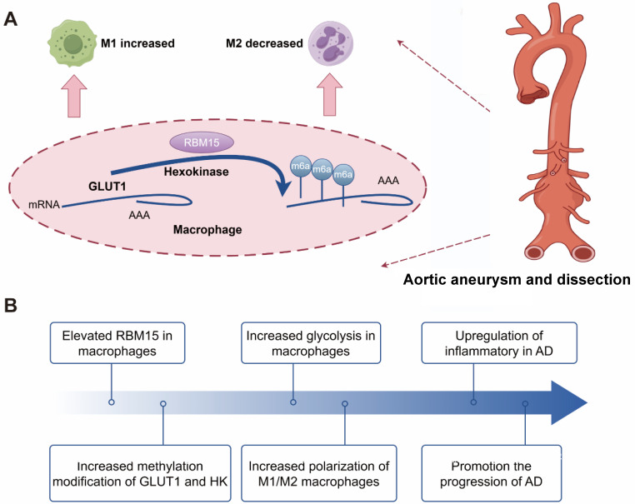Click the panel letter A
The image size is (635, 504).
tap(12, 18)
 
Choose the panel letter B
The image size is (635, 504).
tap(12, 303)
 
